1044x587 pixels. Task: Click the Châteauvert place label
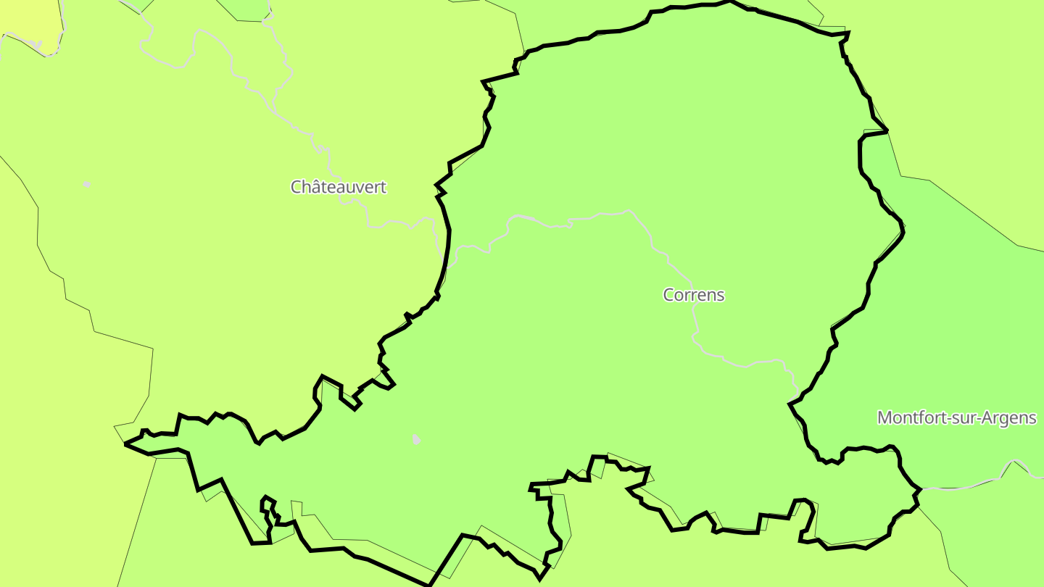tap(339, 187)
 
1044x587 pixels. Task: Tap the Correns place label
tap(694, 295)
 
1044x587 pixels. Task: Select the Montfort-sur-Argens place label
tap(956, 418)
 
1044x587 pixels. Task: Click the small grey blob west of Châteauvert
tap(87, 184)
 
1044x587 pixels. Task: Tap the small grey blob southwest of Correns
tap(415, 439)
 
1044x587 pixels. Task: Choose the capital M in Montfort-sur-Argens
tap(884, 418)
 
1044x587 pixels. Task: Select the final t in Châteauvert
tap(384, 187)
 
